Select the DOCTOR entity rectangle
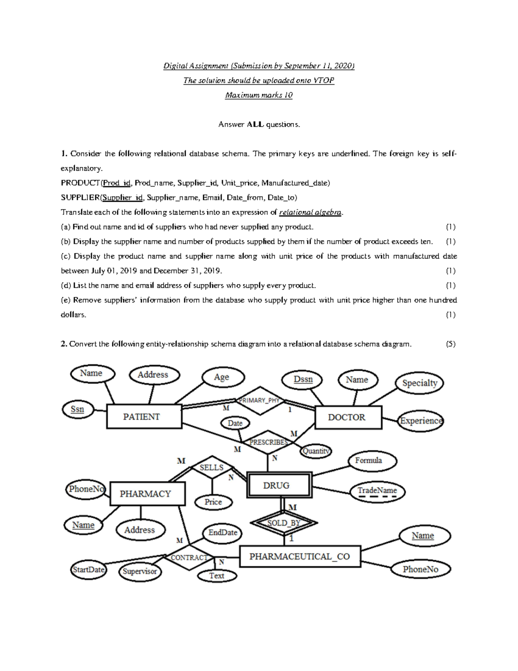348,417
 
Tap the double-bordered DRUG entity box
279,485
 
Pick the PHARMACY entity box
147,493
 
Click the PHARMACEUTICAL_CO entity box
300,557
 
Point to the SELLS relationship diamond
212,467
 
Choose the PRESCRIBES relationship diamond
268,442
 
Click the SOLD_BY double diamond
284,523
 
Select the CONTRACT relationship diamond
189,557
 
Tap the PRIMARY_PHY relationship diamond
259,401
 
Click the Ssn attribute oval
78,409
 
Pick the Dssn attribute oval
303,379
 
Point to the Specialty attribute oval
420,383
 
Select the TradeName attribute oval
377,490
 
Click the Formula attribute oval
368,461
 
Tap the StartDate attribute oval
88,569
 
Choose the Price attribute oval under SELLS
213,502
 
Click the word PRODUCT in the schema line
80,183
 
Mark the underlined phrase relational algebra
310,212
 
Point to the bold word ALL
255,124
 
